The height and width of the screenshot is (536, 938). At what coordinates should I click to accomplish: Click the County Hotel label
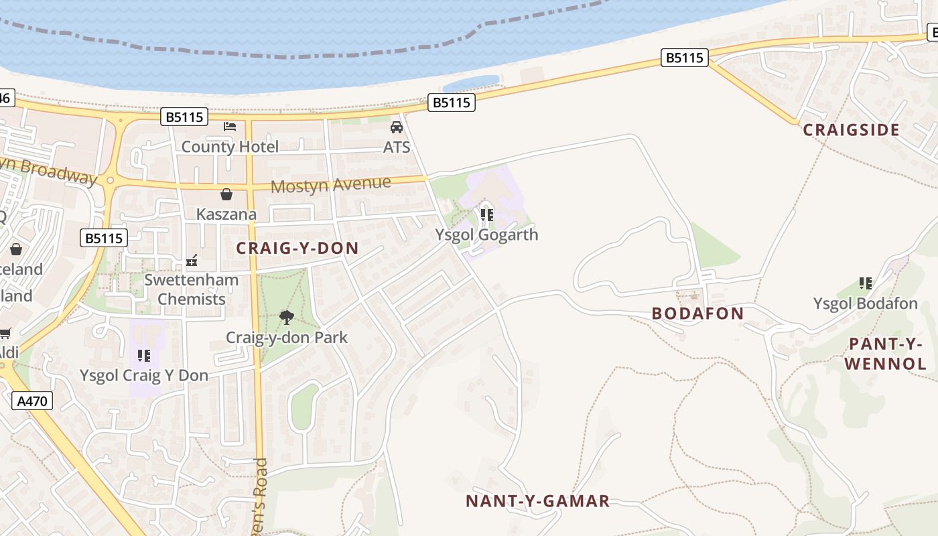pyautogui.click(x=230, y=147)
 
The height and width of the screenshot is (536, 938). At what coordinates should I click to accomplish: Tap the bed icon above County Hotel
pyautogui.click(x=230, y=126)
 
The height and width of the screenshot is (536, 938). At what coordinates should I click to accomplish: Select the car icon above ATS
pyautogui.click(x=397, y=127)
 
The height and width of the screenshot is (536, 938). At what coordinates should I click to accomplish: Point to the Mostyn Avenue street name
pyautogui.click(x=330, y=184)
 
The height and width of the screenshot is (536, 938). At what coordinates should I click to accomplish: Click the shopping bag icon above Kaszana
pyautogui.click(x=226, y=194)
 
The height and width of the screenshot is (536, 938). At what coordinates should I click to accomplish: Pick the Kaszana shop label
pyautogui.click(x=226, y=214)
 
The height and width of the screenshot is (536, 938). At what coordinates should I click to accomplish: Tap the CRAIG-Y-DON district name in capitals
pyautogui.click(x=297, y=249)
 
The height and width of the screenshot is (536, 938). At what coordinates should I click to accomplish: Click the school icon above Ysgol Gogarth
pyautogui.click(x=487, y=215)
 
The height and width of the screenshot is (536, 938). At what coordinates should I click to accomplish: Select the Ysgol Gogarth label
pyautogui.click(x=487, y=234)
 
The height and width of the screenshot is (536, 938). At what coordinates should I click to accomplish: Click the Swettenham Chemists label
pyautogui.click(x=192, y=289)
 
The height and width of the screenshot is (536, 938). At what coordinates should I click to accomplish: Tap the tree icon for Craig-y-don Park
pyautogui.click(x=287, y=317)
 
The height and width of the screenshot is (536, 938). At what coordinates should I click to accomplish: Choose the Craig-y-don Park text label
pyautogui.click(x=287, y=337)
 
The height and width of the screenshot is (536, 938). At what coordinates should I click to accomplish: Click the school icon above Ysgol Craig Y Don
pyautogui.click(x=144, y=355)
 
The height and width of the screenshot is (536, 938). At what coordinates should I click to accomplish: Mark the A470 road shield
pyautogui.click(x=32, y=401)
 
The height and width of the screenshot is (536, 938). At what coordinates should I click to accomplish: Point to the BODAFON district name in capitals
pyautogui.click(x=698, y=314)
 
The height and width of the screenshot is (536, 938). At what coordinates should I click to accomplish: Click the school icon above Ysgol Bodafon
pyautogui.click(x=866, y=283)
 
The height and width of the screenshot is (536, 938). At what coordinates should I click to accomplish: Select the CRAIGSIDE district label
pyautogui.click(x=851, y=130)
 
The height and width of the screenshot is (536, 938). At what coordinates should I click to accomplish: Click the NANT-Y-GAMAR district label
pyautogui.click(x=538, y=501)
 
